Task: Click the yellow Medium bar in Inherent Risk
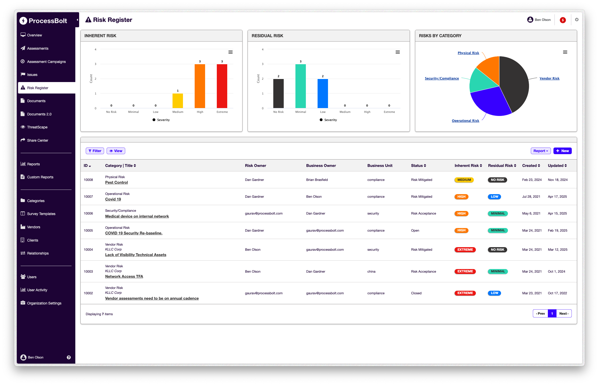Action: pyautogui.click(x=178, y=101)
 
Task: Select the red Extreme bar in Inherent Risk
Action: pyautogui.click(x=222, y=86)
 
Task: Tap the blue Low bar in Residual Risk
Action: pyautogui.click(x=323, y=93)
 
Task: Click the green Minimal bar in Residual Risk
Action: pyautogui.click(x=301, y=86)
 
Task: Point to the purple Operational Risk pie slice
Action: pyautogui.click(x=490, y=102)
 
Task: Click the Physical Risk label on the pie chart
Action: pyautogui.click(x=468, y=53)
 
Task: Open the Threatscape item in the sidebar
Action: pyautogui.click(x=37, y=127)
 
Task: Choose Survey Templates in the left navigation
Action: pyautogui.click(x=41, y=214)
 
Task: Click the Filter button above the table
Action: pyautogui.click(x=95, y=151)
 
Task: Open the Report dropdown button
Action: pyautogui.click(x=540, y=151)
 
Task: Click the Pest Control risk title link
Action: pyautogui.click(x=117, y=182)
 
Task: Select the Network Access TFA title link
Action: pyautogui.click(x=124, y=276)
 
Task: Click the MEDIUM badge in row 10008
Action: pyautogui.click(x=464, y=180)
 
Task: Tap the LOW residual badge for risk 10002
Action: pyautogui.click(x=494, y=293)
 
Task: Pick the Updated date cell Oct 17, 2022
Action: pyautogui.click(x=557, y=293)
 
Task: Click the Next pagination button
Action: pyautogui.click(x=564, y=313)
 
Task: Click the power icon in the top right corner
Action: pyautogui.click(x=577, y=20)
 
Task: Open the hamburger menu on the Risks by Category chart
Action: pyautogui.click(x=565, y=52)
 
